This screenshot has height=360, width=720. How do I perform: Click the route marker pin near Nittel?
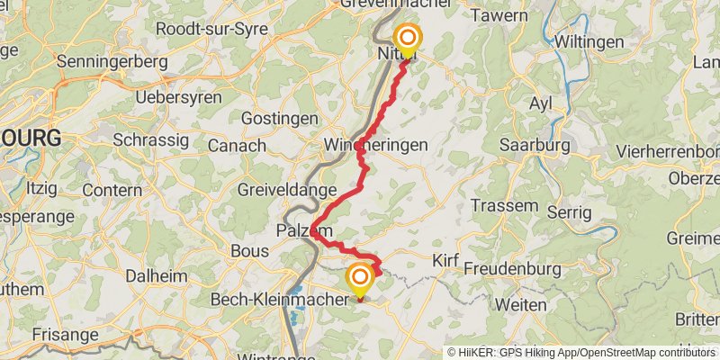[x=408, y=39]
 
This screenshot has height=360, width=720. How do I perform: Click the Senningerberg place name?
[x=112, y=62]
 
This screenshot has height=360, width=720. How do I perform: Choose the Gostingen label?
[x=281, y=119]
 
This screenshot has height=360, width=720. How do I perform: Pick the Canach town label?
[x=237, y=145]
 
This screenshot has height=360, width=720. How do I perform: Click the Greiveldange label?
[x=286, y=191]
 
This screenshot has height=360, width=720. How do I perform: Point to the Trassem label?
[x=504, y=205]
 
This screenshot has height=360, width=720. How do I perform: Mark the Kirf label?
[x=445, y=261]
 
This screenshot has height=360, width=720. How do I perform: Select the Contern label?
[x=112, y=191]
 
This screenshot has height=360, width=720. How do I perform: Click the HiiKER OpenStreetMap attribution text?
[x=580, y=352]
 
